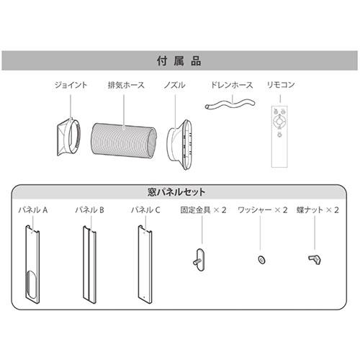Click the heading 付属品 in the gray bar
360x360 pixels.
179,60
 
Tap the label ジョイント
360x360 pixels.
71,85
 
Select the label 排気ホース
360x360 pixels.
126,85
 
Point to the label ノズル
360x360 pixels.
174,85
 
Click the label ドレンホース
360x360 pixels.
232,85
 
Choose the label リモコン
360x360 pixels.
281,85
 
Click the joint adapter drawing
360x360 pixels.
69,137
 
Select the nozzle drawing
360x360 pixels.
180,145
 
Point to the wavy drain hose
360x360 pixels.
230,104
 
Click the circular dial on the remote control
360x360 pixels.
279,121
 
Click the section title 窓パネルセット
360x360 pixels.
176,192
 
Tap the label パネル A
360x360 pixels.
33,210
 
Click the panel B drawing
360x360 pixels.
89,264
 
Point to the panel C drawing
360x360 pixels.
145,264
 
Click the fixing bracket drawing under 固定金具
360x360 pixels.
199,260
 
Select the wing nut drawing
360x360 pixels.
315,259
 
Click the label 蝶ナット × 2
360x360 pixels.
318,210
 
